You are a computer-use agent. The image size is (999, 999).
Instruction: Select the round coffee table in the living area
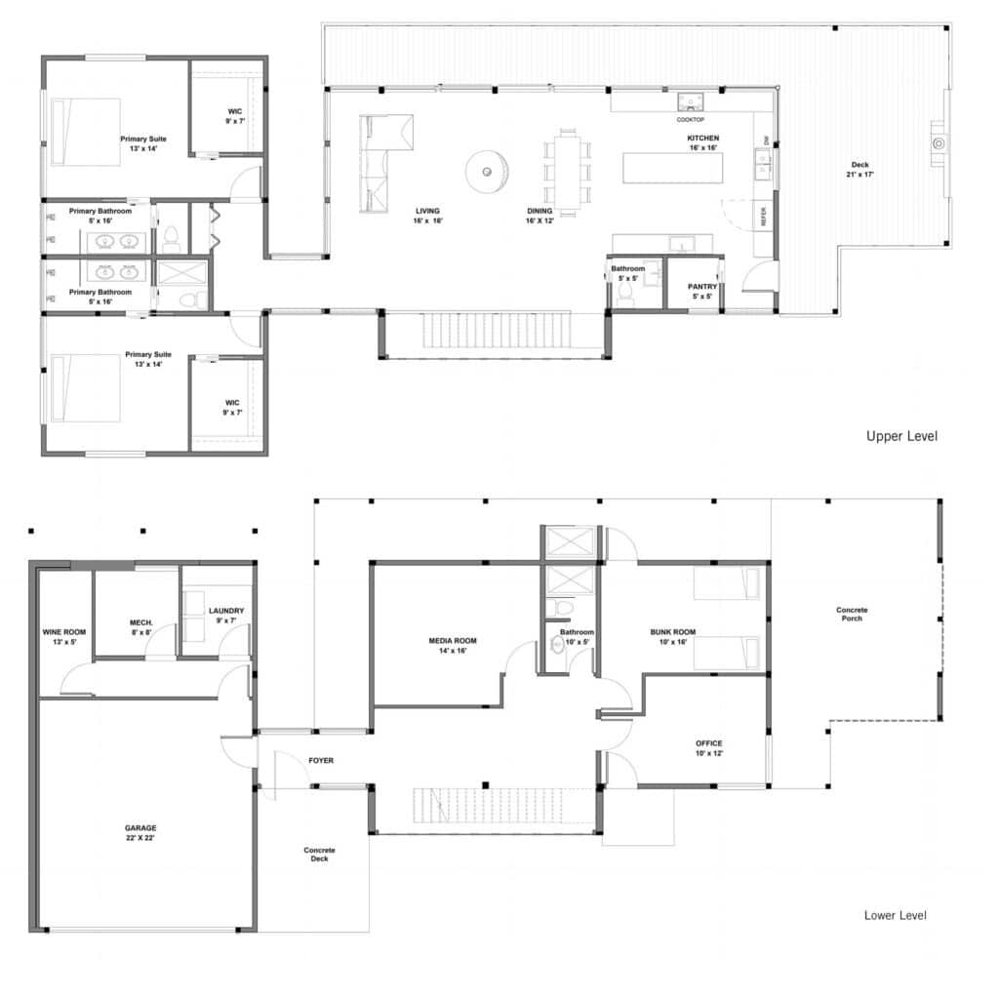click(486, 171)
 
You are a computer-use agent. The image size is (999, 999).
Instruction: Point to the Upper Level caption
click(901, 436)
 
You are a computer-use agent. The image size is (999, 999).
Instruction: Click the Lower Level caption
click(895, 915)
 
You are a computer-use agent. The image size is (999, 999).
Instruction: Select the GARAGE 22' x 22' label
click(140, 832)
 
